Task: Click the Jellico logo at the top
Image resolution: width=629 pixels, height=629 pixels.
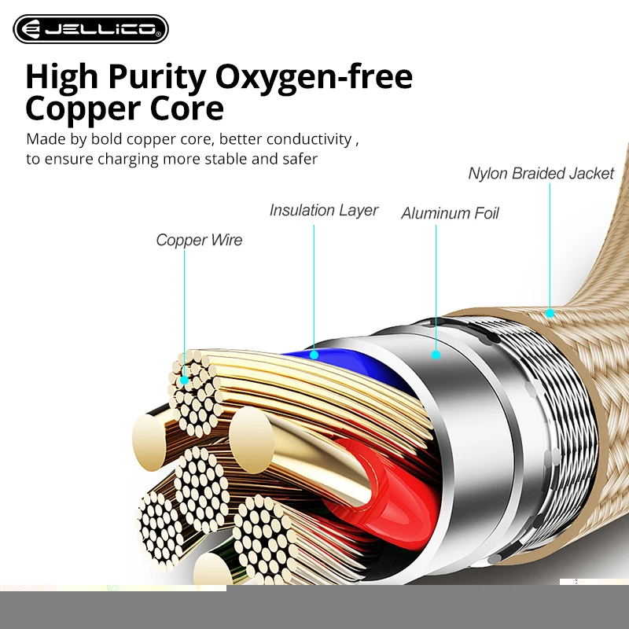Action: pos(90,29)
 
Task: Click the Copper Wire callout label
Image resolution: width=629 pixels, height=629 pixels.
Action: pos(199,241)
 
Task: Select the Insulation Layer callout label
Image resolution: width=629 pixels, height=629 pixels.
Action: pos(323,211)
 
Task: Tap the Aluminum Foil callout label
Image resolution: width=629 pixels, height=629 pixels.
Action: pos(450,214)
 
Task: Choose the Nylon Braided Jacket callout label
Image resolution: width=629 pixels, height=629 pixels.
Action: pos(540,174)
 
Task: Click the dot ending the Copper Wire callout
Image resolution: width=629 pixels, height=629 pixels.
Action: pos(185,379)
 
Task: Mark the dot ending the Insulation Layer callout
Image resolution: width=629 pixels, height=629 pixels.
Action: pos(314,355)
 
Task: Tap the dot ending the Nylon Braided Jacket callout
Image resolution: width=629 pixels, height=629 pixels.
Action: pos(550,313)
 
